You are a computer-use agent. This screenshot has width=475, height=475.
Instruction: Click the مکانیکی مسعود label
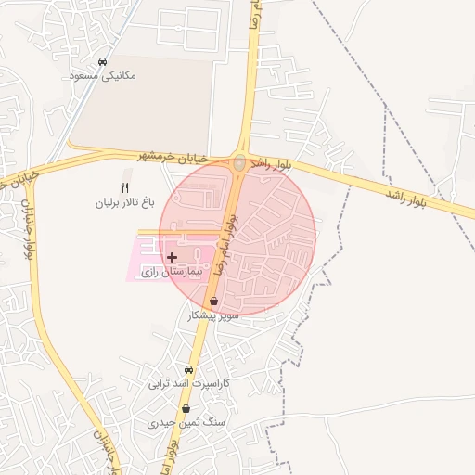(x=102, y=74)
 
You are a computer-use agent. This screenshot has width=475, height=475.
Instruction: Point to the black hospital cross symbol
(x=173, y=256)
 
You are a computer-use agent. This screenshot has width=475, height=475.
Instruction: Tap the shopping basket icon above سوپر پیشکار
(x=214, y=302)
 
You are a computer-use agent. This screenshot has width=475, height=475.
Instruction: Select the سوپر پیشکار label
(x=214, y=315)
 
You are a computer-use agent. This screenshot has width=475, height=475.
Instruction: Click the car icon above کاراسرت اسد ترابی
(x=189, y=368)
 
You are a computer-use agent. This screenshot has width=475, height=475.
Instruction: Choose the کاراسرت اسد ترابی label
(x=189, y=382)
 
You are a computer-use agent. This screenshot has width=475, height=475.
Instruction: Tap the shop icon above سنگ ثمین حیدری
(x=186, y=408)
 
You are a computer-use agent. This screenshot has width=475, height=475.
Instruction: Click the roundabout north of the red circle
(x=239, y=162)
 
